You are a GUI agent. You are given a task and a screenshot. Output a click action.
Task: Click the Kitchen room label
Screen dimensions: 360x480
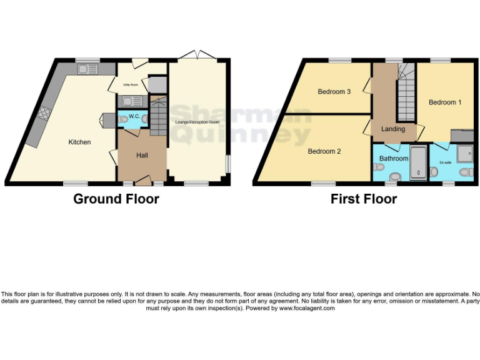pyautogui.click(x=79, y=142)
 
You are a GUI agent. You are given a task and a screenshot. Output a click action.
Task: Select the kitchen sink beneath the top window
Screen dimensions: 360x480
pyautogui.click(x=87, y=69)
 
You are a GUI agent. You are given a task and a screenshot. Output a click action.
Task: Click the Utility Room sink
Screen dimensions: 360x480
pyautogui.click(x=132, y=101)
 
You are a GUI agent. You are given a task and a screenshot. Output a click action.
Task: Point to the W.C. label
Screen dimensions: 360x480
pyautogui.click(x=133, y=116)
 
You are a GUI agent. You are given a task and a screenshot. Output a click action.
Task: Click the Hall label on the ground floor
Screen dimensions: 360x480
pyautogui.click(x=141, y=155)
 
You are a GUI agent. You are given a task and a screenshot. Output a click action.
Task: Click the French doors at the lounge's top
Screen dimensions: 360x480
pyautogui.click(x=196, y=56)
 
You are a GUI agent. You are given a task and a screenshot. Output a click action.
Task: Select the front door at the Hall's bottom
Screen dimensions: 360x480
pyautogui.click(x=142, y=181)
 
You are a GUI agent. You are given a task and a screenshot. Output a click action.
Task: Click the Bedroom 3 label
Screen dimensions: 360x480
pyautogui.click(x=334, y=92)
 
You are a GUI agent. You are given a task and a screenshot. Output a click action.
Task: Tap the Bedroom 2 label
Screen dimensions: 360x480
pyautogui.click(x=324, y=151)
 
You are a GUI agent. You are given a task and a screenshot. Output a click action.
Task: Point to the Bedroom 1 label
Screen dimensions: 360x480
pyautogui.click(x=445, y=102)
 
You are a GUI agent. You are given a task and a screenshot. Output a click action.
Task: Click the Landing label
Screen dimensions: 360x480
pyautogui.click(x=393, y=129)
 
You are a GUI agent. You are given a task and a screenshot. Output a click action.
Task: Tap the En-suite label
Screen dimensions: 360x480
pyautogui.click(x=445, y=162)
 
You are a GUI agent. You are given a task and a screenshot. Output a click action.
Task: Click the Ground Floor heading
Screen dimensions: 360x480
pyautogui.click(x=116, y=199)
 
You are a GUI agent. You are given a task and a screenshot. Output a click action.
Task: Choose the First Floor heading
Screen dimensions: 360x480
pyautogui.click(x=364, y=199)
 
